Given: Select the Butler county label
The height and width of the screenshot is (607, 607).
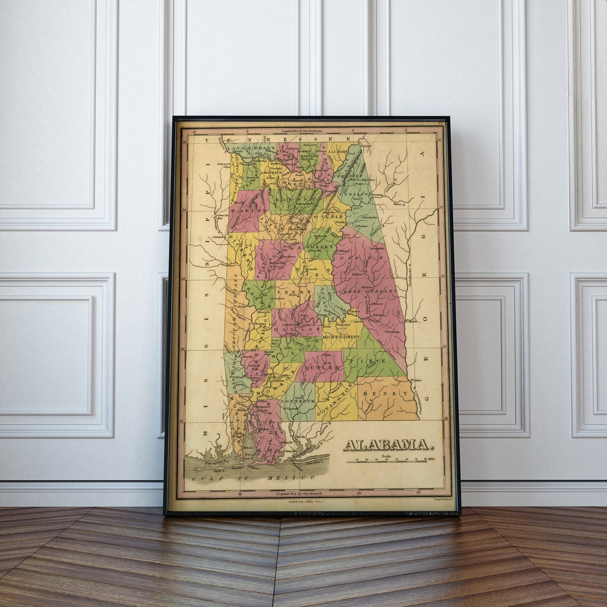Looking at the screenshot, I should click(x=322, y=367).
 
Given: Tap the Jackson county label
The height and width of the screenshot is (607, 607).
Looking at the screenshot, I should click(x=338, y=152).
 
